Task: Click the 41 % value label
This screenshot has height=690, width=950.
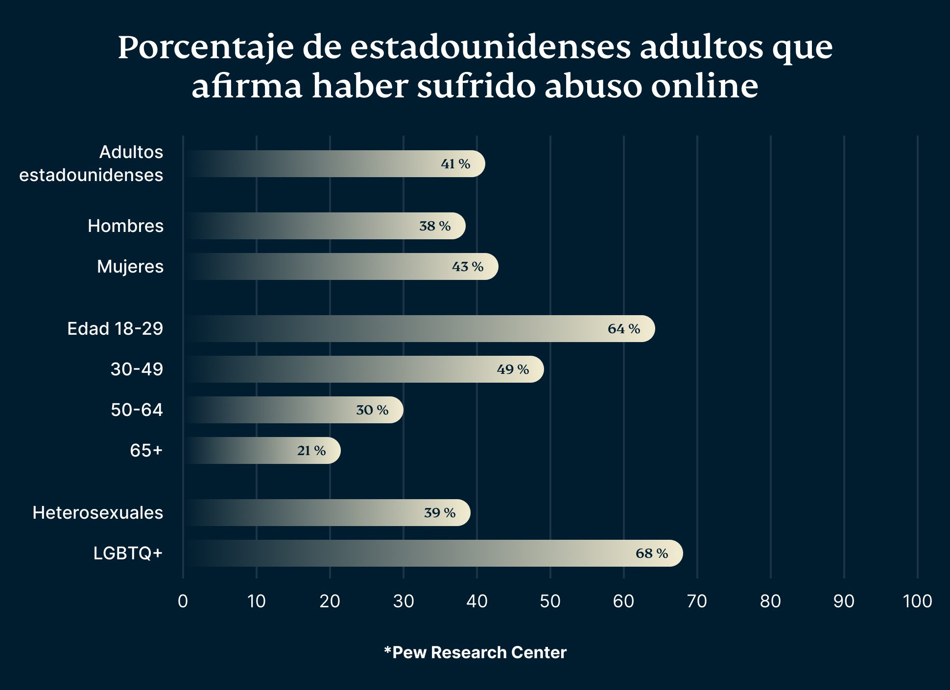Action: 455,164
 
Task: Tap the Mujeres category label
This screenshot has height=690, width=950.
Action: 130,267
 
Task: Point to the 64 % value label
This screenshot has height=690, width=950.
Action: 624,329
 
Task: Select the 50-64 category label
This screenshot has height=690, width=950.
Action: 137,410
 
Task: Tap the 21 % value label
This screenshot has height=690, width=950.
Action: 311,451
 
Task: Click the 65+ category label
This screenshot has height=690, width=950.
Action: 146,451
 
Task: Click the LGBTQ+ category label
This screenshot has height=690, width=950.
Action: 128,553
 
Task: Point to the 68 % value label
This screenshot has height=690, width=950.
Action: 652,553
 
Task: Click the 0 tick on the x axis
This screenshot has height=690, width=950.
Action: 183,601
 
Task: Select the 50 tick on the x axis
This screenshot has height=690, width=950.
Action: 550,601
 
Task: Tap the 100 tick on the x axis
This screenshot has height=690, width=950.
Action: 917,601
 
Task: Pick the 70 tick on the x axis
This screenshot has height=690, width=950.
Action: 697,601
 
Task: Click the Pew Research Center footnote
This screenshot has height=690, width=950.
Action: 475,652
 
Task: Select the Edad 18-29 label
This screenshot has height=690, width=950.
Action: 115,329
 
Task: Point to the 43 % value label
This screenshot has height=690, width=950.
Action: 468,267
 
